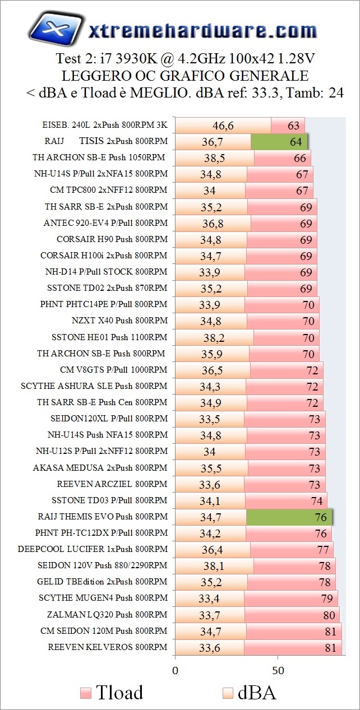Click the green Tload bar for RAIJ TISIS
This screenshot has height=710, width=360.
click(x=279, y=142)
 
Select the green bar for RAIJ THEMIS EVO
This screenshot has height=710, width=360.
click(x=289, y=516)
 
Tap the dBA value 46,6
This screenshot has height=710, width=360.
click(x=223, y=126)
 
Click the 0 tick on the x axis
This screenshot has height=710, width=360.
click(x=176, y=671)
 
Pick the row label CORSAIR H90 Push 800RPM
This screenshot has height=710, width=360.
click(x=112, y=239)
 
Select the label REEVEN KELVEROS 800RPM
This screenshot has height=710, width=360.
click(x=108, y=647)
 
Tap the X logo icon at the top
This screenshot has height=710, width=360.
click(x=54, y=30)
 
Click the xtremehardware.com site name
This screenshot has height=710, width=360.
click(x=202, y=31)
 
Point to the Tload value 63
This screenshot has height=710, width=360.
click(x=293, y=126)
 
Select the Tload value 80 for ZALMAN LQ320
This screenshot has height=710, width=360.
click(x=328, y=615)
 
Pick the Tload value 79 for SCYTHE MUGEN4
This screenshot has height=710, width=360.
click(x=326, y=598)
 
